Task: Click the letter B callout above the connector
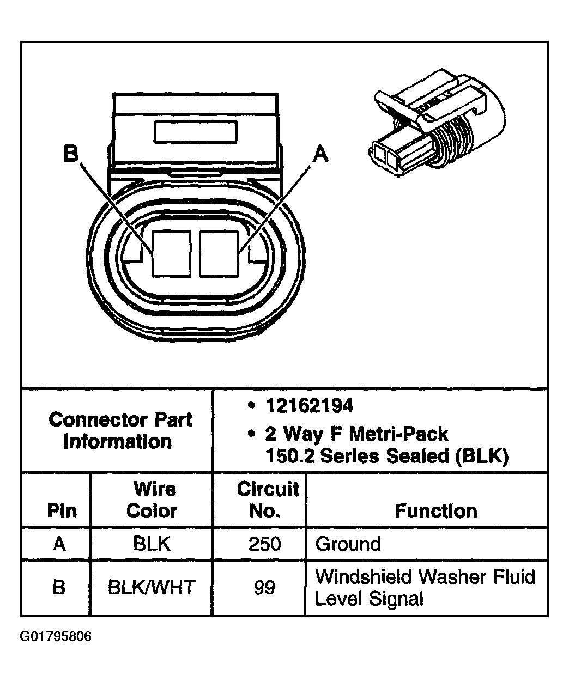click(x=71, y=154)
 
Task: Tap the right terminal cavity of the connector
click(x=219, y=253)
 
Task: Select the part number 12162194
click(x=308, y=406)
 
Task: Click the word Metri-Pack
click(x=398, y=434)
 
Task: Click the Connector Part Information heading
click(x=120, y=430)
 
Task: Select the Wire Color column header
click(x=152, y=500)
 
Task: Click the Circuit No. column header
click(x=267, y=500)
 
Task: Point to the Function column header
click(x=435, y=511)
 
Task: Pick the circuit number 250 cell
click(x=264, y=544)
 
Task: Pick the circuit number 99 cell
click(x=264, y=588)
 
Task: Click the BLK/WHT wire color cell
click(x=152, y=588)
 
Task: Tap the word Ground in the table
click(x=348, y=544)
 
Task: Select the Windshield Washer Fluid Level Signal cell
click(x=425, y=588)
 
